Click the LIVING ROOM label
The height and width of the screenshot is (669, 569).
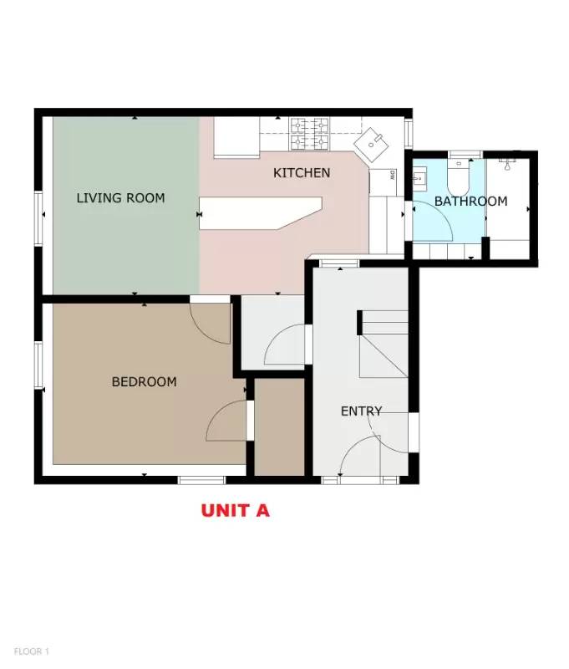(x=120, y=198)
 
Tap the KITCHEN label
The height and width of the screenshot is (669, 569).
(x=302, y=173)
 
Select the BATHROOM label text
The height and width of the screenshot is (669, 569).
(x=470, y=202)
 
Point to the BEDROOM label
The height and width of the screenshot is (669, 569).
(x=144, y=382)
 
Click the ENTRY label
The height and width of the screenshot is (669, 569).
(x=361, y=411)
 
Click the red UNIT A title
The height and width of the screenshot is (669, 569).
(x=235, y=510)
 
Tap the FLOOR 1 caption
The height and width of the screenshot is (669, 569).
(x=32, y=651)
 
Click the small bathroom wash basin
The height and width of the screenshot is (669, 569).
(x=419, y=178)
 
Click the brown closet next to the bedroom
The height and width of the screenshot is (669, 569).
(x=279, y=429)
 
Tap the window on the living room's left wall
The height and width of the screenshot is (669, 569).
(x=38, y=219)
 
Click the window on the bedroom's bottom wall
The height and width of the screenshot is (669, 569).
(x=201, y=480)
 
